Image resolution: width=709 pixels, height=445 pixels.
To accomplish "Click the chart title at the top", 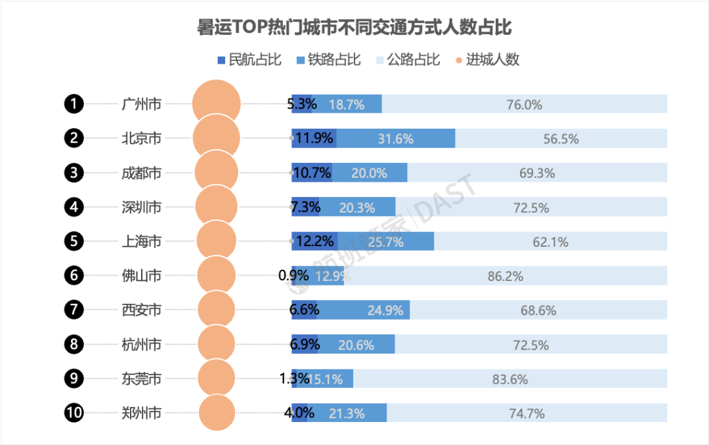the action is click(x=354, y=27).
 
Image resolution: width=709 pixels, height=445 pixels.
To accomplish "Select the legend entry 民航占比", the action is click(x=249, y=60).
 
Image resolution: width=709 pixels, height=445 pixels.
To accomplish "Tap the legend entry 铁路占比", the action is click(x=328, y=60).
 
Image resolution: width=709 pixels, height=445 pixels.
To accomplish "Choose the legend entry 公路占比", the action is click(x=408, y=60).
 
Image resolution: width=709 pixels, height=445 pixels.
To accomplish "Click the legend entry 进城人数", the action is click(x=487, y=60).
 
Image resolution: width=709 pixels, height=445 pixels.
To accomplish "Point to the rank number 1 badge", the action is click(x=74, y=104).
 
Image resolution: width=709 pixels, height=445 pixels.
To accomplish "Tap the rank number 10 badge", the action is click(x=74, y=413).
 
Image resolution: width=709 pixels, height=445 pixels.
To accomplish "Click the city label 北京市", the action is click(x=142, y=138).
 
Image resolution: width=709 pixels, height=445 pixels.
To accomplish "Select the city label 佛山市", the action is click(x=142, y=276).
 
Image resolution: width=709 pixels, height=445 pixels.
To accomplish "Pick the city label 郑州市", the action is click(x=142, y=413).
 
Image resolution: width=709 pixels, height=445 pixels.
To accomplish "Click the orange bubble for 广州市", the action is click(x=217, y=104).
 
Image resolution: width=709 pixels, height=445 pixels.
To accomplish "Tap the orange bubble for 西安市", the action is click(x=217, y=310).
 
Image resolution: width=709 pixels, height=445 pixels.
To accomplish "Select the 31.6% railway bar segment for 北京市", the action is click(x=396, y=138).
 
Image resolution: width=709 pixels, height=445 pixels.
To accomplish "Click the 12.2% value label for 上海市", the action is click(x=315, y=241).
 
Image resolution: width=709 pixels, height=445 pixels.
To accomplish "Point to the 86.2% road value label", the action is click(x=505, y=276).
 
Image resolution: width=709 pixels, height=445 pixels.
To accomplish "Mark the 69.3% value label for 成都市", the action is click(x=537, y=173).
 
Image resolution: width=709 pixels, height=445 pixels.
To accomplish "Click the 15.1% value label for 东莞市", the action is click(x=326, y=379).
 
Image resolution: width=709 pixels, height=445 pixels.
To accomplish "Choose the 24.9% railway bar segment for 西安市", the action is click(x=363, y=310).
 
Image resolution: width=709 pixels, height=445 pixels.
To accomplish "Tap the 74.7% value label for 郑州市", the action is click(x=526, y=413).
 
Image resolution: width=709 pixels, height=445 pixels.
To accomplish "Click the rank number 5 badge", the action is click(x=74, y=241).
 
